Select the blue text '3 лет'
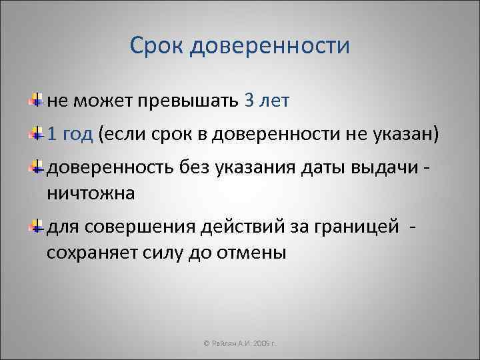coord(267,101)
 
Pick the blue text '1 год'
coord(70,135)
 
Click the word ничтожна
coord(90,193)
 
